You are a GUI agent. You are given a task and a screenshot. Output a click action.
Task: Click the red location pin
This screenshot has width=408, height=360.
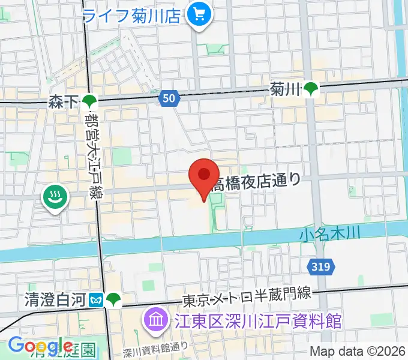pos(204,176)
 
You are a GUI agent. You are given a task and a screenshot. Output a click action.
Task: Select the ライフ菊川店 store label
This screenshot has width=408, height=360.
pos(131,15)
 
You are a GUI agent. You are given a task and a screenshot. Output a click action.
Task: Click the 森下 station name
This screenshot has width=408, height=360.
pos(63,102)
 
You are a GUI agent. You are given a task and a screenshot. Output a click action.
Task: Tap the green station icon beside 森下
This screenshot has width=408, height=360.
pos(89,102)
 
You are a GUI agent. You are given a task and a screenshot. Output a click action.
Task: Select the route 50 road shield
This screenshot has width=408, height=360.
pos(170,97)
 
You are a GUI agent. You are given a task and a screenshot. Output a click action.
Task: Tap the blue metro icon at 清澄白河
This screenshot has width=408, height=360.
pos(96,298)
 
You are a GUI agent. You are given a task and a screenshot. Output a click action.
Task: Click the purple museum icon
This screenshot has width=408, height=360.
pos(155,320)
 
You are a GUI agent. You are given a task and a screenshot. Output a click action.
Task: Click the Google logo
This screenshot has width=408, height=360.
pos(40,346)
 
